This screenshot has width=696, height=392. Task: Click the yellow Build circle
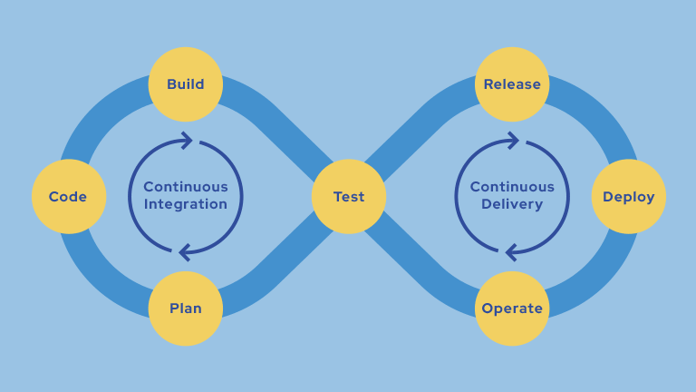coord(186,84)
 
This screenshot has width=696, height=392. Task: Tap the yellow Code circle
coord(69,196)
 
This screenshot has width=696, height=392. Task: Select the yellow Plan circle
coord(186,309)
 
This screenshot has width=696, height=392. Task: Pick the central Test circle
coord(349,196)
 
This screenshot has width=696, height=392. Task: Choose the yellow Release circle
coord(512,84)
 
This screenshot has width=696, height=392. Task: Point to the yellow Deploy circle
coord(629,196)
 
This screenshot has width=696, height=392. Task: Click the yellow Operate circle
coord(512,309)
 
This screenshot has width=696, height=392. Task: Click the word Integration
coord(186,204)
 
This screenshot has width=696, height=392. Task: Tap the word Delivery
coord(512,204)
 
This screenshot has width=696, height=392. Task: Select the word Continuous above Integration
coord(186,187)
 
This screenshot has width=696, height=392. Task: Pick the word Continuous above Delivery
coord(512,187)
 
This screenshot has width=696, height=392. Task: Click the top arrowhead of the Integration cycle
coord(188,140)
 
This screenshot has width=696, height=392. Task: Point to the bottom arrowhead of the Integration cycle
coord(184,251)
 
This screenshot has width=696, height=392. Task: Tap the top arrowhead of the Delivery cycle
coord(514,140)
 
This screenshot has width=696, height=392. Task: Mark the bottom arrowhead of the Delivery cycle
coord(510,251)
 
